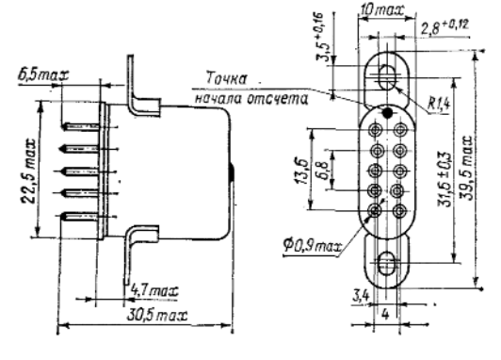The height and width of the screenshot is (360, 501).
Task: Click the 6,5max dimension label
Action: tap(43, 75)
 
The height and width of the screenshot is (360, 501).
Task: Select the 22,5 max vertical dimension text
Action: tap(28, 171)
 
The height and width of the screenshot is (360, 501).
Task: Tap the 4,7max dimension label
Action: tap(154, 291)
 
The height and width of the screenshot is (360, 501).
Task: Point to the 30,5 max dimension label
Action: tap(157, 316)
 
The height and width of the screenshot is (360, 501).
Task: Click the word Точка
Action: tap(227, 78)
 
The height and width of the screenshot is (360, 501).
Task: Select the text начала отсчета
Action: tap(251, 99)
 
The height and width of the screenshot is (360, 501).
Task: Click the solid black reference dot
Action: tap(387, 112)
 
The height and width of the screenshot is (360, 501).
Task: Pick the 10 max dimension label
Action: tap(381, 10)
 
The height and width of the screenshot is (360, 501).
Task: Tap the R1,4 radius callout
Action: tap(439, 104)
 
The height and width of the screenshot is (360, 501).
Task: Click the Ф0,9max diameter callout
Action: tap(312, 246)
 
